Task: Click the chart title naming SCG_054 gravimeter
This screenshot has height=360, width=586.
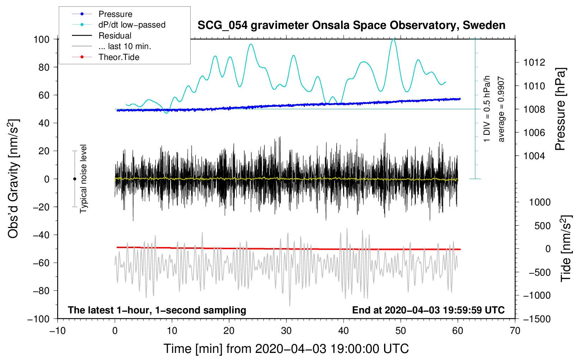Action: pyautogui.click(x=351, y=25)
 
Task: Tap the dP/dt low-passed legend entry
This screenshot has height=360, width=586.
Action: pyautogui.click(x=132, y=25)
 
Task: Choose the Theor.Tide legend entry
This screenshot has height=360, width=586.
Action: pyautogui.click(x=119, y=57)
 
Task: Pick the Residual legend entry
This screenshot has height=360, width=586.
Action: pyautogui.click(x=115, y=36)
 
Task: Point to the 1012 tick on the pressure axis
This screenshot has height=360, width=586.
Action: pyautogui.click(x=534, y=62)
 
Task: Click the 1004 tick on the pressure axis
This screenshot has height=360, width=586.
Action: pyautogui.click(x=534, y=156)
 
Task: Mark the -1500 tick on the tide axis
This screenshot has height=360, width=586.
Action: pyautogui.click(x=537, y=319)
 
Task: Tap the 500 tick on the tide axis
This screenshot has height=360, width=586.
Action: pyautogui.click(x=542, y=226)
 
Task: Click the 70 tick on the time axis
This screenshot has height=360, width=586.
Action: pyautogui.click(x=515, y=331)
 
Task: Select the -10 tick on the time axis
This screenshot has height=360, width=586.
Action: pyautogui.click(x=58, y=331)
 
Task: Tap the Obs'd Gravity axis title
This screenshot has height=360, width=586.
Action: pyautogui.click(x=13, y=179)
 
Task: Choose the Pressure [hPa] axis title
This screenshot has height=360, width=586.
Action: pyautogui.click(x=560, y=109)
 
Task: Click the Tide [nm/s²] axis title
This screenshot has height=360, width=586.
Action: pyautogui.click(x=566, y=248)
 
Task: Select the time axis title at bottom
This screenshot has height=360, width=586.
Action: pyautogui.click(x=286, y=349)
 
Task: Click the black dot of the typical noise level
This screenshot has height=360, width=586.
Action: pyautogui.click(x=74, y=179)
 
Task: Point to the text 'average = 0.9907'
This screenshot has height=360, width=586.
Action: pyautogui.click(x=501, y=109)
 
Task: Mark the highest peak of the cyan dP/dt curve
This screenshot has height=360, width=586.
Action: pyautogui.click(x=394, y=39)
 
